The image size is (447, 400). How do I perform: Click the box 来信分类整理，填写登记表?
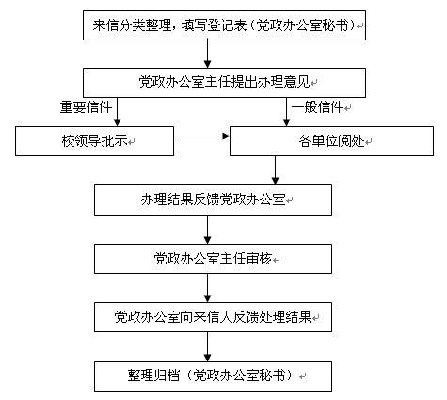[224, 25]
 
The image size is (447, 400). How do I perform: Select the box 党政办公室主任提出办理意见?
[224, 83]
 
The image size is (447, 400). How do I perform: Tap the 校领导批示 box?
[94, 141]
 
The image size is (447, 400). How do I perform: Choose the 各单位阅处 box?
[331, 141]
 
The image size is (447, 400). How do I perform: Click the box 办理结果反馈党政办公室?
[213, 200]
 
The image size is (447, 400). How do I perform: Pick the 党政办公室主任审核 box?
[213, 259]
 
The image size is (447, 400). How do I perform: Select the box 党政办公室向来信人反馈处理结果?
[213, 317]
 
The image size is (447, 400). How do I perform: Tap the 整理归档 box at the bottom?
[213, 376]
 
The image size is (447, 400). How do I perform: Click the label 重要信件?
[86, 107]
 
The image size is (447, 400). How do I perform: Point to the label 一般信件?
[318, 107]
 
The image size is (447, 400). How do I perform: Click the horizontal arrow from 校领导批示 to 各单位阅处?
[202, 136]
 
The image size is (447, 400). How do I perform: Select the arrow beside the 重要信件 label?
[117, 112]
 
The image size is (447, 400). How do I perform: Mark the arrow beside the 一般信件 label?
[286, 112]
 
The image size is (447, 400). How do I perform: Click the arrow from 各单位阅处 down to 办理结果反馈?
[275, 170]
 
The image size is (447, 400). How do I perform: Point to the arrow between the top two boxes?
[207, 54]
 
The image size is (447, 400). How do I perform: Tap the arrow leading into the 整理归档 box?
[207, 346]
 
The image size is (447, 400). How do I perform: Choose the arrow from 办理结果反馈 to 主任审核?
[207, 230]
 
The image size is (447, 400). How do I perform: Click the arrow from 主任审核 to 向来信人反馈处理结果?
[207, 288]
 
